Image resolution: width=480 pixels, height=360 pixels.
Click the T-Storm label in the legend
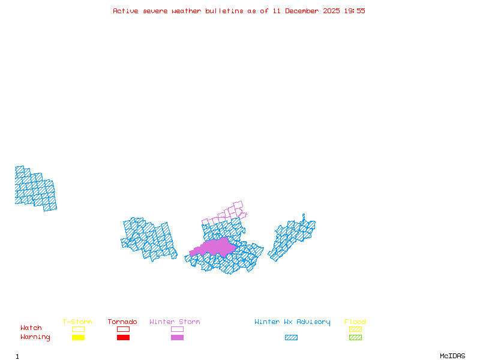77,322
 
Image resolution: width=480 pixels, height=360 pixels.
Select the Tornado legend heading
122,322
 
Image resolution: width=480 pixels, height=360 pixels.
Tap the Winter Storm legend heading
175,322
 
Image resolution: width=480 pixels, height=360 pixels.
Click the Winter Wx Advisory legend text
292,322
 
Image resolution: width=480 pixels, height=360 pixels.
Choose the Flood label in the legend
355,322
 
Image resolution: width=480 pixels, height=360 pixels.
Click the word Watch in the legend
31,328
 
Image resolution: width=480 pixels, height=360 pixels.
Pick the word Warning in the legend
35,337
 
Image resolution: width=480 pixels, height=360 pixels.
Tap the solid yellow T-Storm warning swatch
78,337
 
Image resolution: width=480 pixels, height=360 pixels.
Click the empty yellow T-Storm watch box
78,329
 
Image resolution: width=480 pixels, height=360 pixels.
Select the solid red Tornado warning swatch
123,337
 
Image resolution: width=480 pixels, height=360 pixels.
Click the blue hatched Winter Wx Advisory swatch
291,337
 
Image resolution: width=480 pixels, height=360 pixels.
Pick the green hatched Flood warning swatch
355,337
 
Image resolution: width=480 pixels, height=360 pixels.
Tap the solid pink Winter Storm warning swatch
177,337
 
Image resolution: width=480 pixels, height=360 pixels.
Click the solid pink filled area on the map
216,247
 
